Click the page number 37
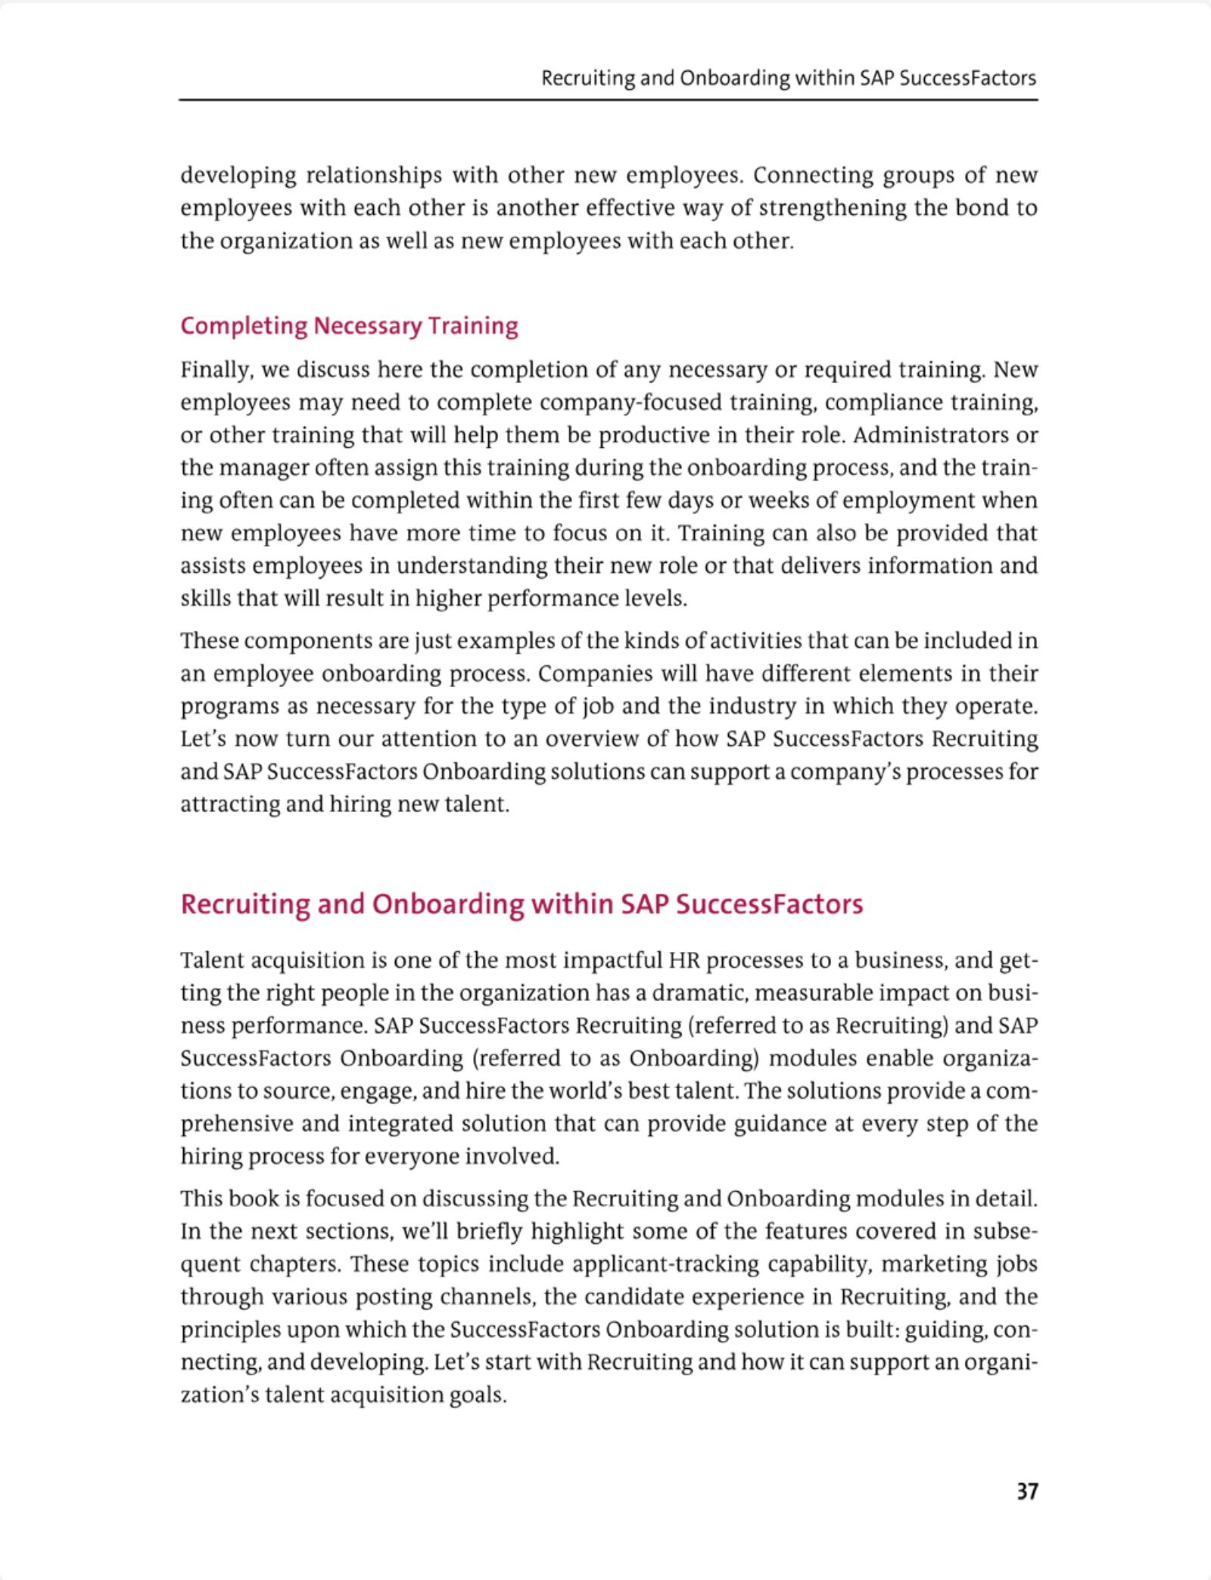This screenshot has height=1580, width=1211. coord(1027,1491)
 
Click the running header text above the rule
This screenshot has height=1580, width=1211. coord(788,79)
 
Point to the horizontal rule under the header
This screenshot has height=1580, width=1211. coord(608,99)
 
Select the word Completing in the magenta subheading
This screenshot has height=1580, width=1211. coord(244,326)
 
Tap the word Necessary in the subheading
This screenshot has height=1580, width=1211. coord(368,326)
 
